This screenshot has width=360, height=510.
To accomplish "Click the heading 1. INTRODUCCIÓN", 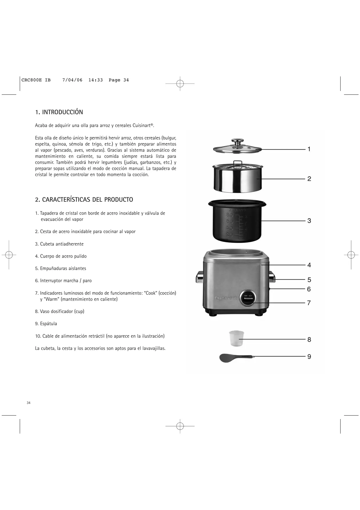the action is [x=59, y=112].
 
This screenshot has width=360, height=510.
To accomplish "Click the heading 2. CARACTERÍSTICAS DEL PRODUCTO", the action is [x=84, y=200].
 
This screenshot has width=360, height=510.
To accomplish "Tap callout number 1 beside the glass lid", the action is [x=309, y=149].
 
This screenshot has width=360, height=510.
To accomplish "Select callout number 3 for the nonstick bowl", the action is [x=309, y=221].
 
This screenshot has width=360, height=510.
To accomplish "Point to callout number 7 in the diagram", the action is [x=309, y=303].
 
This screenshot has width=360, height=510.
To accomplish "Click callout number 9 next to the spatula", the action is [x=309, y=357].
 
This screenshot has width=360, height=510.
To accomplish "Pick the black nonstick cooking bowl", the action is [x=237, y=221].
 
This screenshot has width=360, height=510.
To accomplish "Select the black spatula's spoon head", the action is [x=228, y=358].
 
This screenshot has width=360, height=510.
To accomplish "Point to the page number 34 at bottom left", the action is [x=28, y=403].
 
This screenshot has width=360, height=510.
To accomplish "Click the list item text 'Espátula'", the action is [x=48, y=324].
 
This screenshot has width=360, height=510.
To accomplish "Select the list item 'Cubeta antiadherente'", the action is [x=62, y=244].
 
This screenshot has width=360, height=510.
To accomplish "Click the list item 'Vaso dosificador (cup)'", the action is [x=62, y=312].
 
